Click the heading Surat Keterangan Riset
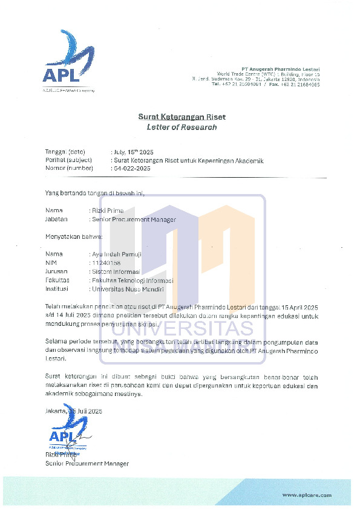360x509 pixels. click(x=182, y=117)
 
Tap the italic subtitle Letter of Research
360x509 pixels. click(x=182, y=128)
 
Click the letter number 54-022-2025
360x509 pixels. click(x=132, y=168)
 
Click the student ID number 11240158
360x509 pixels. click(x=106, y=263)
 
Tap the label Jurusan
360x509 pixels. click(x=57, y=272)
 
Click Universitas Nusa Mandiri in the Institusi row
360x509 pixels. click(x=125, y=289)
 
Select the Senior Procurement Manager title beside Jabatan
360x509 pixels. click(x=133, y=219)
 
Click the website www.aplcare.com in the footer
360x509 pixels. click(x=307, y=495)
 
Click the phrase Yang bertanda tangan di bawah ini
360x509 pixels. click(x=96, y=193)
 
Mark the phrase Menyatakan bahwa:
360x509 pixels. click(x=65, y=237)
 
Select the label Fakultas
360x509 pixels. click(x=57, y=280)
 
